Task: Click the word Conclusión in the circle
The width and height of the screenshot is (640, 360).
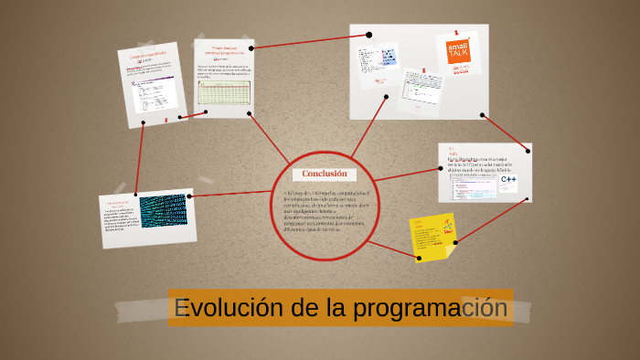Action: [325, 174]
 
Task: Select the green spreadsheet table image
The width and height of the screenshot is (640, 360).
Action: [223, 93]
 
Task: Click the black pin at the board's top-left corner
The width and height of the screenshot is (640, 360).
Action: [368, 35]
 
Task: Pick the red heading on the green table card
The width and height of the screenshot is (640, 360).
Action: [224, 52]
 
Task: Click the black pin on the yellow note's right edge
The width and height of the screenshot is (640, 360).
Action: [455, 241]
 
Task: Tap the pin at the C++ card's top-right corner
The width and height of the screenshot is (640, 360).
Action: [527, 150]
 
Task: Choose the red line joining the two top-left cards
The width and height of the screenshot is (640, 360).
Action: [193, 115]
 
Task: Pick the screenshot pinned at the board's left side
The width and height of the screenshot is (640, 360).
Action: [378, 62]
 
